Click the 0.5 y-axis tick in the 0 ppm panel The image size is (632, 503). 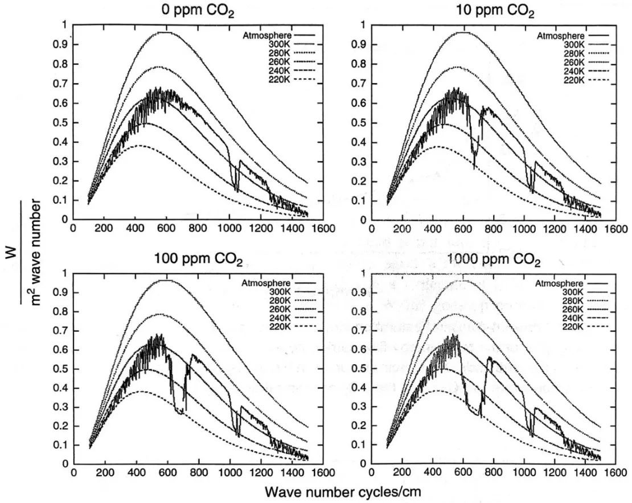click(x=65, y=123)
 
